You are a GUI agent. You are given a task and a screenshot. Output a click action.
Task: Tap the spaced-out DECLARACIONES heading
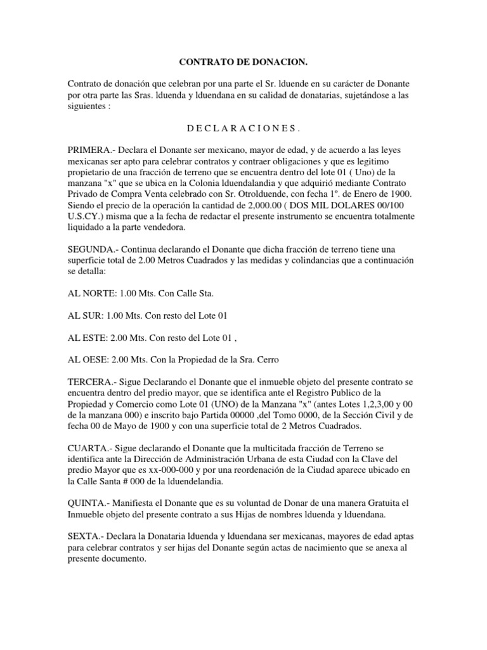[x=243, y=129]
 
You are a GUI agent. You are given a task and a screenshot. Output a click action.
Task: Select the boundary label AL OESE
[x=89, y=359]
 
